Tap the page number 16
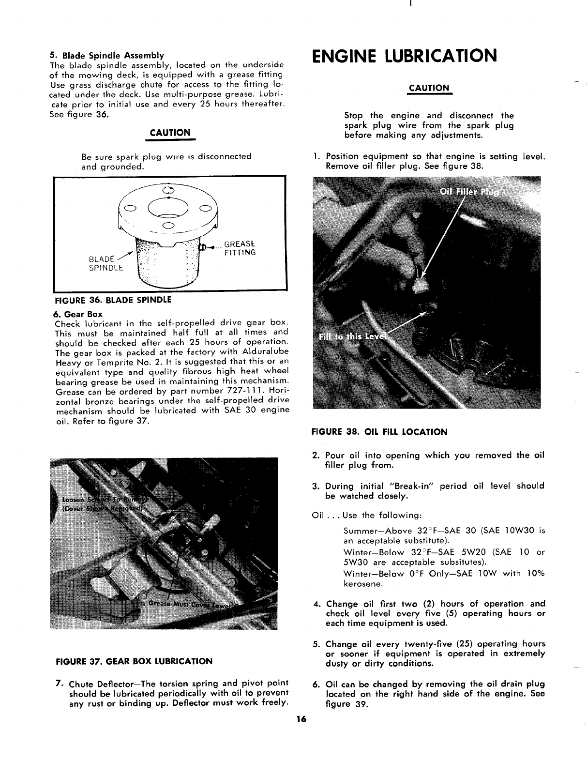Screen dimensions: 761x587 (x=302, y=719)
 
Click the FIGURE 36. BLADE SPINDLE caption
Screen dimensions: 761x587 (x=112, y=300)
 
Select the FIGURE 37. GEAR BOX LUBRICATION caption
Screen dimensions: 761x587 (x=134, y=661)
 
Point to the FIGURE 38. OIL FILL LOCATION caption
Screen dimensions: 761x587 (x=380, y=432)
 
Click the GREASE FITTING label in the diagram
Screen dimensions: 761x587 (x=240, y=248)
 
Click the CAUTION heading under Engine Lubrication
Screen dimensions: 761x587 (x=429, y=88)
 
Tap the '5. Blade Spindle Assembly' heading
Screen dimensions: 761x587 (x=106, y=55)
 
